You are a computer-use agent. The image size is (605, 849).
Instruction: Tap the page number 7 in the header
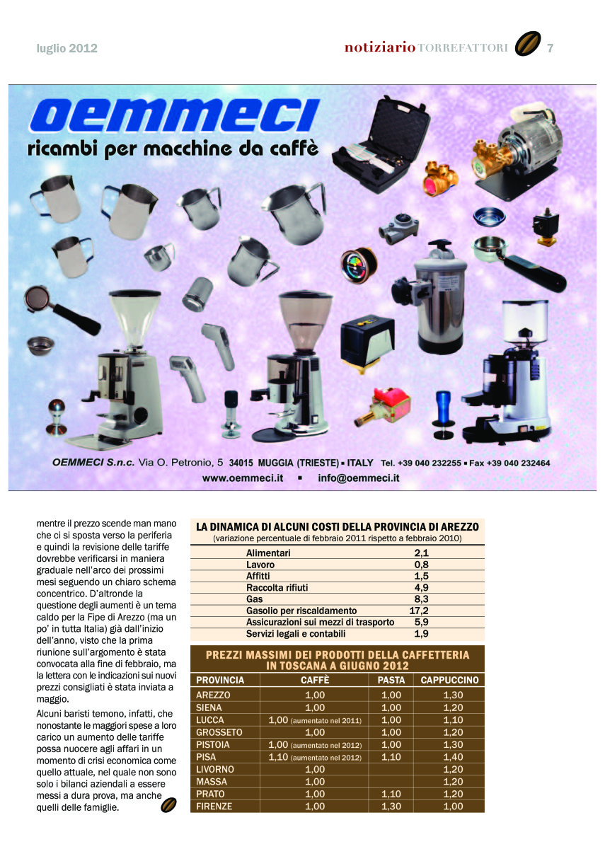click(550, 48)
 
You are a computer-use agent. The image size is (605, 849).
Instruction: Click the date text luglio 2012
click(67, 49)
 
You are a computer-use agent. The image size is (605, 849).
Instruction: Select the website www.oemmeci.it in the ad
click(243, 478)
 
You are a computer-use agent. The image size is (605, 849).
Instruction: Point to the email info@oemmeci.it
click(359, 478)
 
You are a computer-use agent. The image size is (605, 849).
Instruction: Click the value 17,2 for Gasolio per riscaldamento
click(419, 611)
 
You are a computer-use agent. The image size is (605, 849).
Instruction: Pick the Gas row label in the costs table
click(255, 599)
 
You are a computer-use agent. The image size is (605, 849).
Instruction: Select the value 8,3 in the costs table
click(422, 599)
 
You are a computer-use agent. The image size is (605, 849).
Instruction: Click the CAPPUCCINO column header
click(449, 680)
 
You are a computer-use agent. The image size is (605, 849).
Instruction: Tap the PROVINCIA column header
click(220, 680)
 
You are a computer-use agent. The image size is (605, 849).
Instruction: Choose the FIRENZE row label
click(214, 806)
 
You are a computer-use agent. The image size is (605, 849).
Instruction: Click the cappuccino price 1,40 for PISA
click(453, 756)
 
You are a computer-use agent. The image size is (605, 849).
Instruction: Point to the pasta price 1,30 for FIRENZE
click(391, 806)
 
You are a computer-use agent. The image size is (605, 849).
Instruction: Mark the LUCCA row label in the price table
click(210, 720)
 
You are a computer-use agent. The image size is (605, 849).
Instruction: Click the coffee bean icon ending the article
click(168, 805)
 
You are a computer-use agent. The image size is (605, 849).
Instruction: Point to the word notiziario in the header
click(380, 48)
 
